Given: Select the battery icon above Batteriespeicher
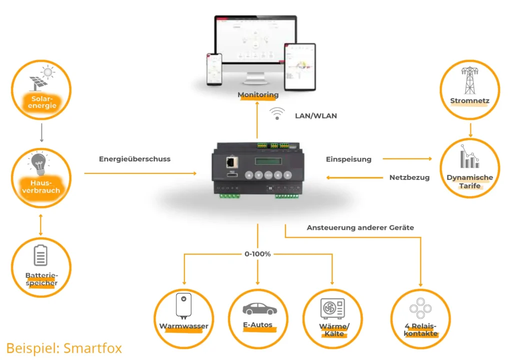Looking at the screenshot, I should tap(40, 255).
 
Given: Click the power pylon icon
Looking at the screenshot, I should tap(468, 80).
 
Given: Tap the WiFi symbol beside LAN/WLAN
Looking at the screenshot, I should tap(276, 113).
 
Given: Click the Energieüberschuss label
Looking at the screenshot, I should tap(134, 159).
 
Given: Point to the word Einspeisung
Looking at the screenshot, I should tap(348, 159).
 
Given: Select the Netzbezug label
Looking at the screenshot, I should tap(409, 177).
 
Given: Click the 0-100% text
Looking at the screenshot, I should tap(258, 254).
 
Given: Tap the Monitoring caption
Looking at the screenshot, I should tap(258, 94).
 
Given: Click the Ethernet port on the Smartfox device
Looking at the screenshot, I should tap(231, 161).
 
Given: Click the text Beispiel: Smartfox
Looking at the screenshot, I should tap(64, 347).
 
